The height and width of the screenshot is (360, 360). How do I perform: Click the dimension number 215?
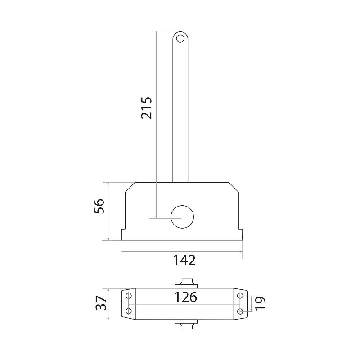pos(147,108)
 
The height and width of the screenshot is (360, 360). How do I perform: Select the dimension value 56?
pos(99,206)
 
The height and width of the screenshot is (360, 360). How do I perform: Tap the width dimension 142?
pos(184,260)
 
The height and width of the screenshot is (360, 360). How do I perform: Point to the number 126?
pos(186,297)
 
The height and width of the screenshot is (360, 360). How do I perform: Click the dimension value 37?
pos(101,303)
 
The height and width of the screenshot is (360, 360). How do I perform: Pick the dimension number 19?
pos(261,303)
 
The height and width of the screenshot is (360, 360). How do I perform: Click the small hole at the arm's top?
pos(180,38)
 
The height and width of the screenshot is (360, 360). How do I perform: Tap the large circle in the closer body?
pos(182,217)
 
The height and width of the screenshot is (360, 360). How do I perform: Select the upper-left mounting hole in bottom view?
pos(129,296)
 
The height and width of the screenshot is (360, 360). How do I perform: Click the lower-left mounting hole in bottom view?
pos(129,311)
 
